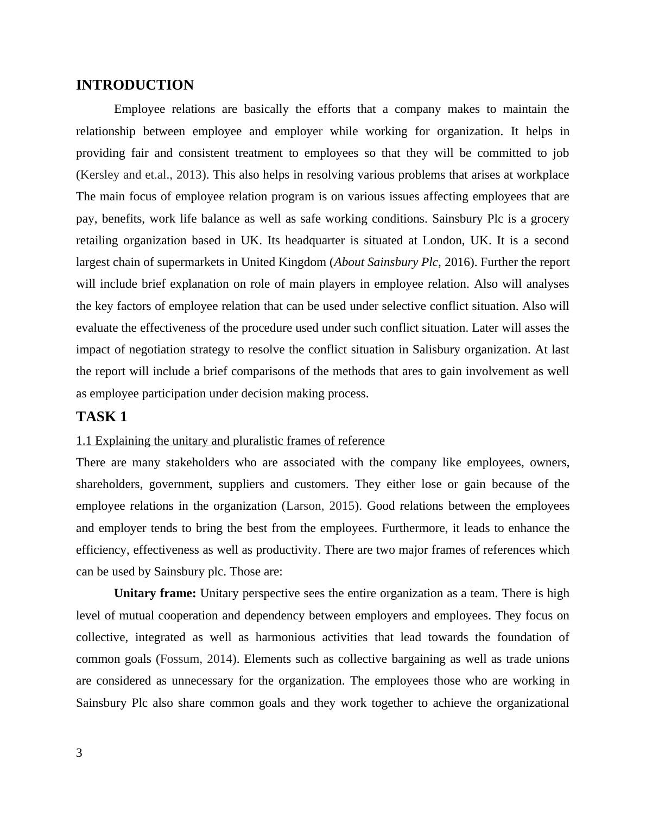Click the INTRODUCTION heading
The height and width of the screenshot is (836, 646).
pos(135,85)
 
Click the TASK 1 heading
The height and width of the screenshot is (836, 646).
pos(102,416)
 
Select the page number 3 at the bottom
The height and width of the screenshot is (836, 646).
pos(79,752)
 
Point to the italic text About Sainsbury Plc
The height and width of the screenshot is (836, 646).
pos(386,262)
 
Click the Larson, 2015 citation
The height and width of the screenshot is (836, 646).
pos(320,506)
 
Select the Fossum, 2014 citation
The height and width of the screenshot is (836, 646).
pos(197,659)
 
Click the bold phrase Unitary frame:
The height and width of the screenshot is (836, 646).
pos(155,593)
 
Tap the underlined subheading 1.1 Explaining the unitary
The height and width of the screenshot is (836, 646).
pos(230,440)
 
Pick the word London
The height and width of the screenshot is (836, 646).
pos(442,240)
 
